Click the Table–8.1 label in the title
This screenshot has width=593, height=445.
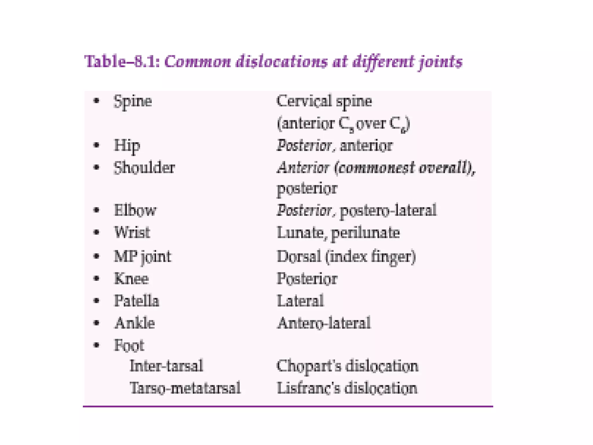click(122, 62)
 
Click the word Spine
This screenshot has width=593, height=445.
click(133, 102)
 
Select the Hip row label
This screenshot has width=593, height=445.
click(127, 145)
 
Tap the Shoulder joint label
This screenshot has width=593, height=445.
click(144, 168)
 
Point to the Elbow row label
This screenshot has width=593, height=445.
click(135, 210)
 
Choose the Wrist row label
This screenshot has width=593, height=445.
click(132, 232)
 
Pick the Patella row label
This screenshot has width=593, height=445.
click(136, 301)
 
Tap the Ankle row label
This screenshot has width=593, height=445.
click(135, 323)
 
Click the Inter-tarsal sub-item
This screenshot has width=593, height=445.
click(166, 366)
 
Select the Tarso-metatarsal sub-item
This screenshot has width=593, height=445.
click(185, 388)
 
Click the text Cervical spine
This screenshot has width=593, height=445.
click(324, 102)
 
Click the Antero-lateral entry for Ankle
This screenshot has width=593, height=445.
click(324, 323)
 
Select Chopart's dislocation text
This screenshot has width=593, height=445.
click(347, 366)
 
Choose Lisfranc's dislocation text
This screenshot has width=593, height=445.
click(347, 388)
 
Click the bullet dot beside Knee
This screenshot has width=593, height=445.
click(97, 279)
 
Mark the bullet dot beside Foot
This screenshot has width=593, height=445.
click(97, 345)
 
